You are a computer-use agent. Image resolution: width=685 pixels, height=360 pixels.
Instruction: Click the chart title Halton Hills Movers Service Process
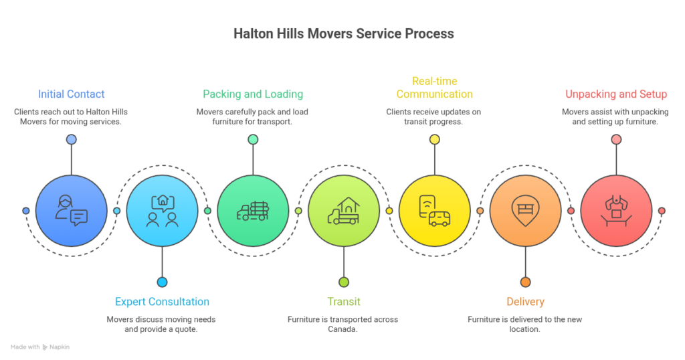343,33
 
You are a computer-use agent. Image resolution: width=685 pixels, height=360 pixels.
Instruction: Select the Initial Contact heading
71,94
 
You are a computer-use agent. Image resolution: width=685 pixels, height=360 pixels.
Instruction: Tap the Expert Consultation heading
162,302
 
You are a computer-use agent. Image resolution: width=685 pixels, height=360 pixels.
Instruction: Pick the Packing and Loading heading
253,94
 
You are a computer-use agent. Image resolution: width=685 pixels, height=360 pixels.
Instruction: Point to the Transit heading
344,302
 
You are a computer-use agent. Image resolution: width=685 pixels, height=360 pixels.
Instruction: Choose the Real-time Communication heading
434,88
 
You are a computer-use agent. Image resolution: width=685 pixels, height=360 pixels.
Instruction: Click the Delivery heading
525,302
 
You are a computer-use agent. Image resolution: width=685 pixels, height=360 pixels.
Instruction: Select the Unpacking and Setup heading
616,94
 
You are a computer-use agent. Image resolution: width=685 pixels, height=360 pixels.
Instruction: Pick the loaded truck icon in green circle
253,211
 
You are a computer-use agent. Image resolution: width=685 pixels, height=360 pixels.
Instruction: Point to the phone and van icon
434,211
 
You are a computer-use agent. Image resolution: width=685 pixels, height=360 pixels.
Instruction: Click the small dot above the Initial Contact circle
71,139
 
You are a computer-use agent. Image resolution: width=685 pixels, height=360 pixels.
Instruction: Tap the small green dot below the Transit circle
344,282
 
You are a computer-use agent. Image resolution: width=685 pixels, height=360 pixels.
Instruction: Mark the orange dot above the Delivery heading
525,282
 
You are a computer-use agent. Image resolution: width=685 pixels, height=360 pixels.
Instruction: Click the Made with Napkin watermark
40,347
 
